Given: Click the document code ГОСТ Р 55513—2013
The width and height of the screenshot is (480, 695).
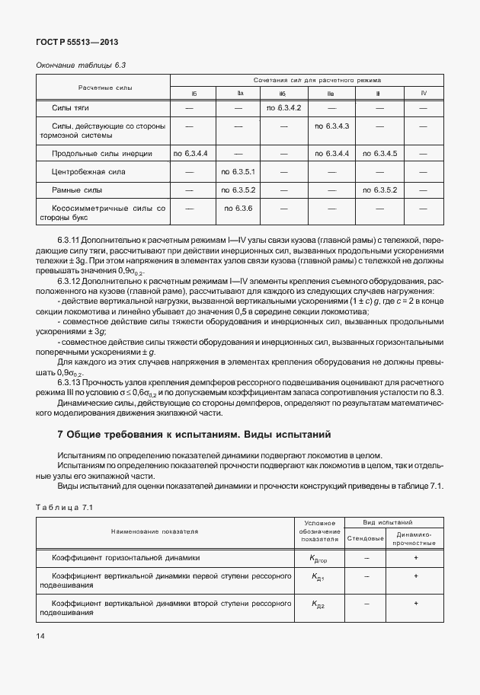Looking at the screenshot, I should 76,43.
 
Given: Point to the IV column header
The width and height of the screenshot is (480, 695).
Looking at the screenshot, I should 424,94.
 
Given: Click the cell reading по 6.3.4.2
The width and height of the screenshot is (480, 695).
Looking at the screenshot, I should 284,108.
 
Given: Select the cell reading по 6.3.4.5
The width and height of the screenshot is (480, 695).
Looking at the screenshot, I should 379,154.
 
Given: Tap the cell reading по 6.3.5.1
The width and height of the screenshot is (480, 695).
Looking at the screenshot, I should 237,172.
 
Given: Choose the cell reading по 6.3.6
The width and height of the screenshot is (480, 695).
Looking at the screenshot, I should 237,208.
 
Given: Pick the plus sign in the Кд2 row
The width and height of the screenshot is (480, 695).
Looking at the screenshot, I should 415,604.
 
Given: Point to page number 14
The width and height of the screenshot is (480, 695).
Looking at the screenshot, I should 40,634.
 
